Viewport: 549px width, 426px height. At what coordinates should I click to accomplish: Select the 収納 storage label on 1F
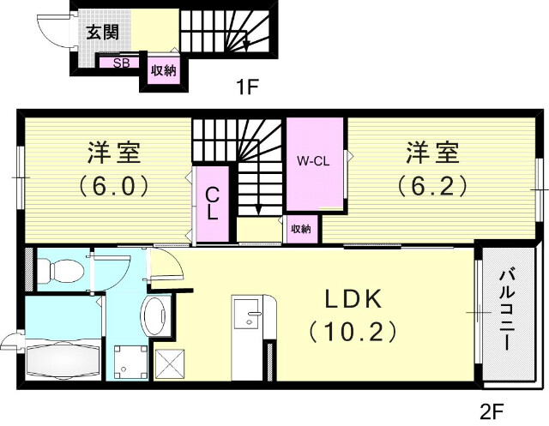coord(163,70)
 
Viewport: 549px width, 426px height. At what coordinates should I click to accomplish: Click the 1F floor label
coord(247,86)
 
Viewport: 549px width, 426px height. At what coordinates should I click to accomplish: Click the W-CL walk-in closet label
coord(315,160)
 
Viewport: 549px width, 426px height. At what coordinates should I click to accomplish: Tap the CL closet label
coord(211,206)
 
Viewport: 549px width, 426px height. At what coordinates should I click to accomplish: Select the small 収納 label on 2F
coord(299,229)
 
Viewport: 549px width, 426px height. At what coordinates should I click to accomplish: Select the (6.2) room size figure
coord(431,185)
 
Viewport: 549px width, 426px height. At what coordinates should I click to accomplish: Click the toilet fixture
coord(61,269)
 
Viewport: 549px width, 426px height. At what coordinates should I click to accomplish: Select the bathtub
coord(63,359)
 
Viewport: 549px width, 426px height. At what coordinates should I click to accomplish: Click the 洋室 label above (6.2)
coord(431,154)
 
